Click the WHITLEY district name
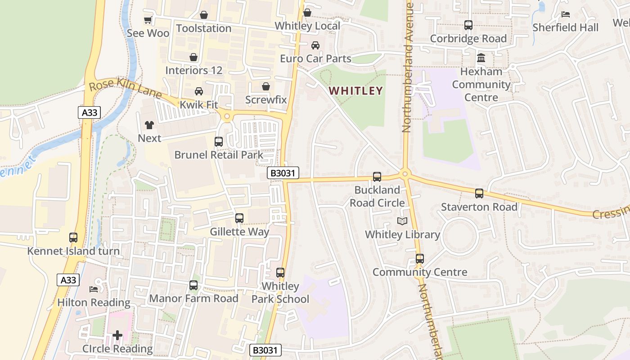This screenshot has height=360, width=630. (x=355, y=91)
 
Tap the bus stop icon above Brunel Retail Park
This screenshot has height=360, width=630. (x=219, y=142)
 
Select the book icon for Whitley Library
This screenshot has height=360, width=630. (x=402, y=221)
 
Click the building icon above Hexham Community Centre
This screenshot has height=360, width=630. (x=481, y=58)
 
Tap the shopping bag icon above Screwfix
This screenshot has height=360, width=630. (x=266, y=86)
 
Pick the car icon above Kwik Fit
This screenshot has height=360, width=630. (x=198, y=91)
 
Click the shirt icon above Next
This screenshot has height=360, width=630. (x=149, y=125)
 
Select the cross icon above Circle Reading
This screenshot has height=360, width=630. (x=117, y=335)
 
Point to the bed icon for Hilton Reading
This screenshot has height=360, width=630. (x=94, y=289)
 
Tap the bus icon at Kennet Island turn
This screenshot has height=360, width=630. (x=73, y=238)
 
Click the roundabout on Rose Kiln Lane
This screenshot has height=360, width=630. (x=226, y=117)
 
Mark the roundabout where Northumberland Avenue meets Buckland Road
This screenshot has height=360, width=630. (x=405, y=174)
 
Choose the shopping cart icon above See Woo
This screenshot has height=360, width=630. (x=148, y=20)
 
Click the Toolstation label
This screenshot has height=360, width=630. (x=203, y=28)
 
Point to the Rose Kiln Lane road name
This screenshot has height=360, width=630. (x=125, y=88)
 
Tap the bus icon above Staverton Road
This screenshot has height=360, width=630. (x=479, y=194)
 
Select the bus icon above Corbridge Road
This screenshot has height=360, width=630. (x=468, y=25)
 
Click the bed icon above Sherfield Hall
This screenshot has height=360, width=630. (x=566, y=14)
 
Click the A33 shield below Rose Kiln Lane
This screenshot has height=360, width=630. (x=89, y=112)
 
